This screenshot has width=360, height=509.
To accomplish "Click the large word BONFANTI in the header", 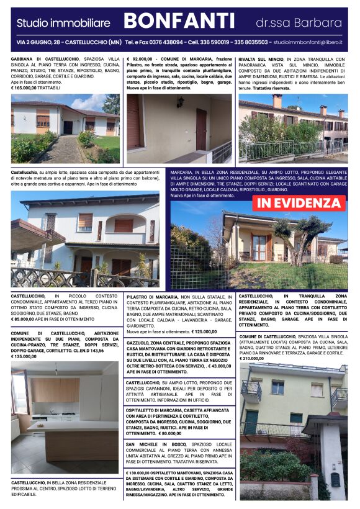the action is (x=179, y=22).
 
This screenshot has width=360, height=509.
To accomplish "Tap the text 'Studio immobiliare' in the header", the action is (x=63, y=23).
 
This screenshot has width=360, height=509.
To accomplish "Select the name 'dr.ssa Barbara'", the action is (x=299, y=23).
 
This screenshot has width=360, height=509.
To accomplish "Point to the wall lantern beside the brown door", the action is (x=180, y=102).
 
